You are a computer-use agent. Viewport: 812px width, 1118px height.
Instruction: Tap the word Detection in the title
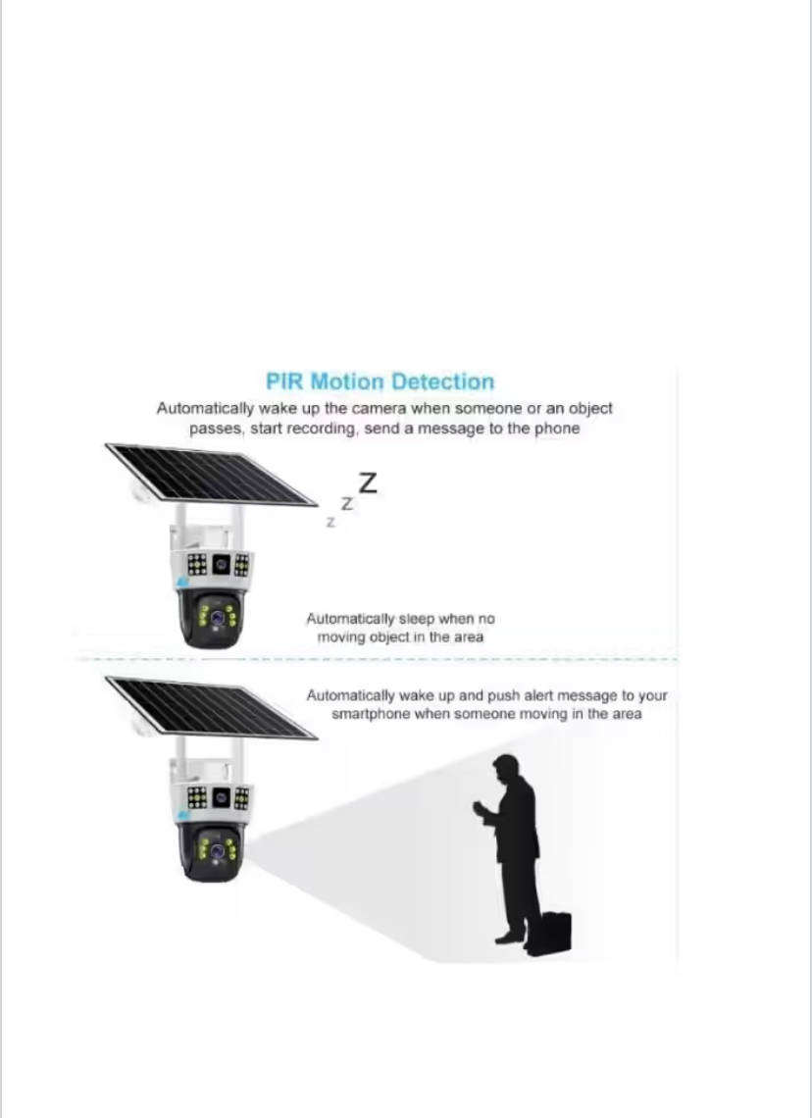click(443, 382)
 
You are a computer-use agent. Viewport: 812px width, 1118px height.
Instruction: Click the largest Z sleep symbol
click(368, 483)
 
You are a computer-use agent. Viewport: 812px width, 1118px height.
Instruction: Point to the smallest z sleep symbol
click(330, 523)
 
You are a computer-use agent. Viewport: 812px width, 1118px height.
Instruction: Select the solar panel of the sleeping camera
click(210, 476)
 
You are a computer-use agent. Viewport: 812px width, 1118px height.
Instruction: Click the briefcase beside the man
click(554, 932)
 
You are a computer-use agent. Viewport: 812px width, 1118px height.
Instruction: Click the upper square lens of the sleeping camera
click(220, 565)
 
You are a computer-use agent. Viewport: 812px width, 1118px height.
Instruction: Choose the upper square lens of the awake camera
click(220, 796)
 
